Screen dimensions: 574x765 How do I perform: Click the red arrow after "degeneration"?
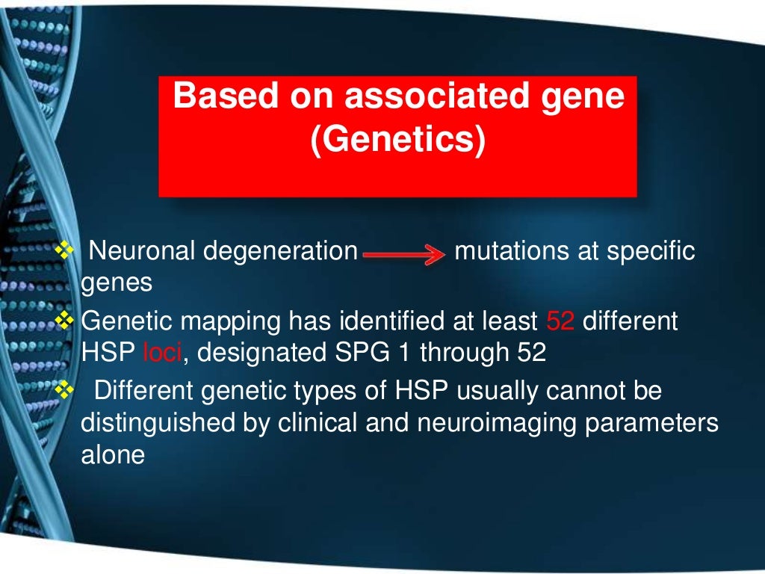pyautogui.click(x=403, y=256)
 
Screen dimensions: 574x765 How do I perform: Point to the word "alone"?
pyautogui.click(x=112, y=455)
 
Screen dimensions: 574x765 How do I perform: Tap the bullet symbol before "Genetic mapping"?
pyautogui.click(x=66, y=321)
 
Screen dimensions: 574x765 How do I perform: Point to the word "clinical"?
pyautogui.click(x=319, y=423)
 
